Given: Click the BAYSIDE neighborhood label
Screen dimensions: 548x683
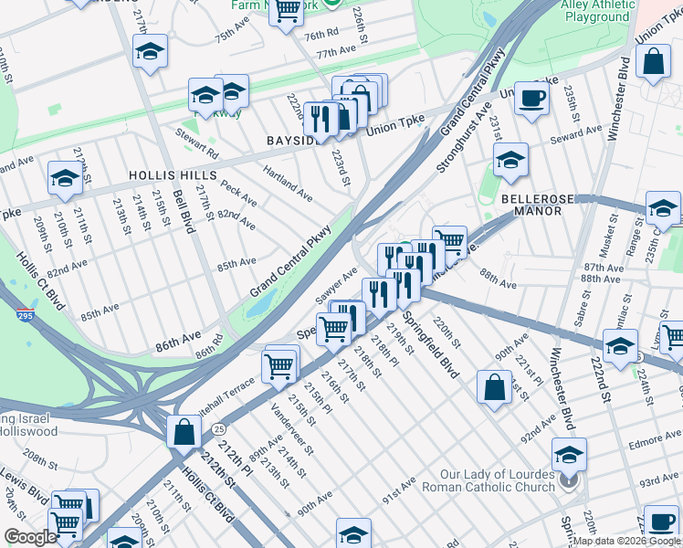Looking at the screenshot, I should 293,142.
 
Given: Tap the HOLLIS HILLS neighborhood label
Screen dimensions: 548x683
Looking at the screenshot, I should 173,174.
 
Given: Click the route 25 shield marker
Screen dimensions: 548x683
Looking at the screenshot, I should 217,428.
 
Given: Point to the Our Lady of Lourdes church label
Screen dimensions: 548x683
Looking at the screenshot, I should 497,480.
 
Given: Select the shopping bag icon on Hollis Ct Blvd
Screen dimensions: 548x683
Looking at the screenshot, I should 184,431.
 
